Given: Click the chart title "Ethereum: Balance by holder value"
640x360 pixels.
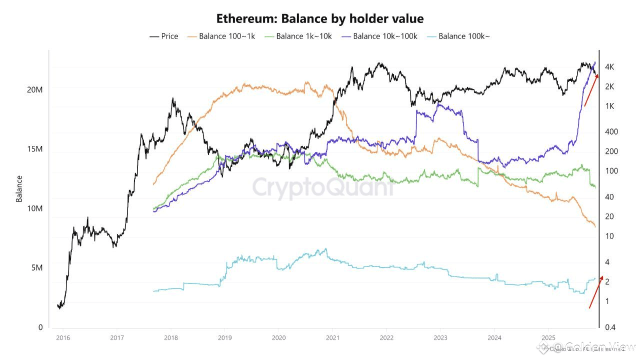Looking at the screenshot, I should point(320,19).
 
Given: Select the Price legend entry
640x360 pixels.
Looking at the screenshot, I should point(164,36).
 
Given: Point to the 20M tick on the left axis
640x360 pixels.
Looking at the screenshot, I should point(34,89).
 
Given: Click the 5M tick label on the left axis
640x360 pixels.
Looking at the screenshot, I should point(36,267).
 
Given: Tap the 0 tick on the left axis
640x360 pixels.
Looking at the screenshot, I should point(40,327).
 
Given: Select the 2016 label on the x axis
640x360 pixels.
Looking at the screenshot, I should point(62,337).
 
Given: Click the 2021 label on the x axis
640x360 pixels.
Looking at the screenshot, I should point(332,337).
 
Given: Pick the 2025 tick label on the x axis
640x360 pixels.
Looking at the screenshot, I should point(548,337).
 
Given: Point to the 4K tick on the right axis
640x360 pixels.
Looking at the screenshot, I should point(609,67).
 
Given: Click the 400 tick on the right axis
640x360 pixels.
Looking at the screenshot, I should point(611,131).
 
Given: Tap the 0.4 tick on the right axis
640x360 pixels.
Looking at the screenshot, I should point(610,327).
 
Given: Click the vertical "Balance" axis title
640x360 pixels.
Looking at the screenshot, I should point(19,188).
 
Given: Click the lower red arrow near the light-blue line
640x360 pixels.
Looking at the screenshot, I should point(596,292).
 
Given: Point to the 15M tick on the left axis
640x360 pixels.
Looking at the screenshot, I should point(34,149).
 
